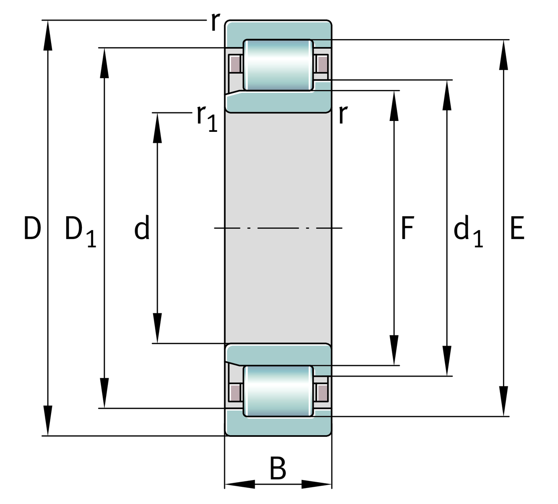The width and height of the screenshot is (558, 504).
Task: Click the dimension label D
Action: [x=32, y=228]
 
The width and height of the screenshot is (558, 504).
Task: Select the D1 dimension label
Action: [x=80, y=231]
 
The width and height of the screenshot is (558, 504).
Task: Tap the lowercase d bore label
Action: [x=142, y=228]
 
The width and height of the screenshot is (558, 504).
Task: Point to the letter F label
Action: [x=407, y=228]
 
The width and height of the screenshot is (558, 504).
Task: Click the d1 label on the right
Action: [x=468, y=231]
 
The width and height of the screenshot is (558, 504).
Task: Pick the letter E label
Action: [x=517, y=228]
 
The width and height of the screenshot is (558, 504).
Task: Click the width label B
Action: [x=278, y=468]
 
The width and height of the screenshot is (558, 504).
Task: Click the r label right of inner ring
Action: [x=343, y=114]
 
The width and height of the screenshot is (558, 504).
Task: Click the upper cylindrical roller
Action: [x=278, y=65]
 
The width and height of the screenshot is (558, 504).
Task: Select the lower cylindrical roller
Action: [x=278, y=391]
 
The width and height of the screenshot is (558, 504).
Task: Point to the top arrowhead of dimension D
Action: [x=48, y=35]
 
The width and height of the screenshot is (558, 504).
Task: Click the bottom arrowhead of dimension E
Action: [x=503, y=401]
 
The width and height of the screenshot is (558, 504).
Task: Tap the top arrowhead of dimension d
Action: [x=157, y=128]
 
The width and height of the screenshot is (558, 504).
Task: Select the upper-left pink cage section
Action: [x=235, y=64]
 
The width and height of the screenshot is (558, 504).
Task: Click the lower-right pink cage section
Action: [x=322, y=392]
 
